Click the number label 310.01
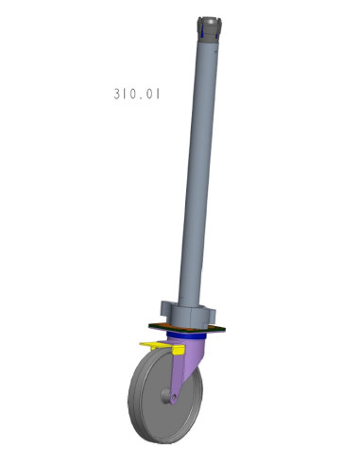[x=136, y=94]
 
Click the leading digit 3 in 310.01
[x=114, y=94]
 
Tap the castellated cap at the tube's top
[x=212, y=29]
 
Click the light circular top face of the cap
[x=213, y=18]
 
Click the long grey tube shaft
[x=201, y=170]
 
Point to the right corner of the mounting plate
[x=225, y=328]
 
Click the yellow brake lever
[x=153, y=345]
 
